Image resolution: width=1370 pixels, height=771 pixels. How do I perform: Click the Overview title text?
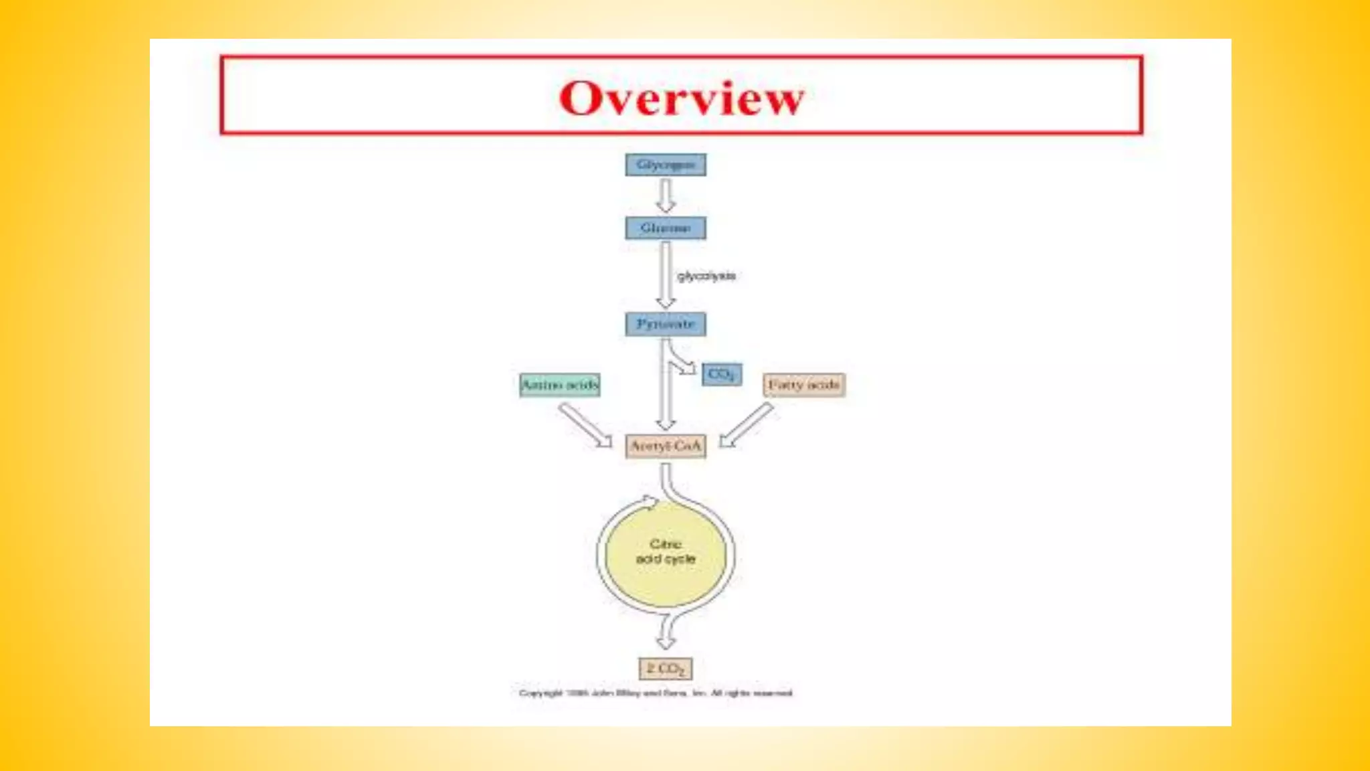681,98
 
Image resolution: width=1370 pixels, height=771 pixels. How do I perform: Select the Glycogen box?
666,165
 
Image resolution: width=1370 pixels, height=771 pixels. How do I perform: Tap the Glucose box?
666,228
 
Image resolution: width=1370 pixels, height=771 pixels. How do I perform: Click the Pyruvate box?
666,324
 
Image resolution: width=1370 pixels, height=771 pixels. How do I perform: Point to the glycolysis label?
706,276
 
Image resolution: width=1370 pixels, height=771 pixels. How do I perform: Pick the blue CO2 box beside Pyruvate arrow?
721,374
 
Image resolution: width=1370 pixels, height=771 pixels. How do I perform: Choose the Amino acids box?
560,385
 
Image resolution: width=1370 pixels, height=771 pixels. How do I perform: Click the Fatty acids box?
804,385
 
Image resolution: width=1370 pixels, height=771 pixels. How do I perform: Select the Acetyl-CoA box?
666,446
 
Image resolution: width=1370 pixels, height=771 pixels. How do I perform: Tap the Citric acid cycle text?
666,551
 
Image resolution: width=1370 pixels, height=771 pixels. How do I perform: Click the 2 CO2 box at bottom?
666,669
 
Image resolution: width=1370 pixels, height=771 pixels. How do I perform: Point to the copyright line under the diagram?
656,693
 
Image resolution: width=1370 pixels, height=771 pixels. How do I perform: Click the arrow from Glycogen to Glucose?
666,196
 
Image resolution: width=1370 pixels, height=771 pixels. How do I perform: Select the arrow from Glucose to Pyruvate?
666,274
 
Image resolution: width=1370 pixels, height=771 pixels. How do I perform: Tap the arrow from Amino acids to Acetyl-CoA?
585,425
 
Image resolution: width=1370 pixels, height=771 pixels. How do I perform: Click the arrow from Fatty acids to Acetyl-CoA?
747,425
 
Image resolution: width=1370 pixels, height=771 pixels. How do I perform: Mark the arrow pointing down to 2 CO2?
666,632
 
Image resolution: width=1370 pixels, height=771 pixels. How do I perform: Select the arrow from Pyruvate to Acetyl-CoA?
666,395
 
